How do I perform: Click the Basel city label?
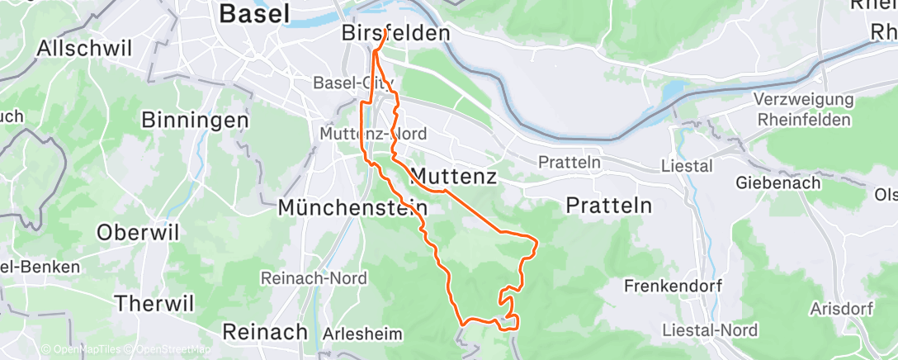point(255,13)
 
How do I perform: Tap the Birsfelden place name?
point(396,33)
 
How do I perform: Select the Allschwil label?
point(84,47)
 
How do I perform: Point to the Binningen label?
point(195,120)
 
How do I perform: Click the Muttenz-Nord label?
point(373,133)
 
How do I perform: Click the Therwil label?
point(154,303)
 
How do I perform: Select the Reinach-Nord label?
point(314,278)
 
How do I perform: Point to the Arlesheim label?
point(362,334)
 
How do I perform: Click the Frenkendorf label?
point(673,287)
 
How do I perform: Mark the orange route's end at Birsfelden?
point(386,32)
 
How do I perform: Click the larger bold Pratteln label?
point(609,206)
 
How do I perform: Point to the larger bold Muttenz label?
point(451,176)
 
